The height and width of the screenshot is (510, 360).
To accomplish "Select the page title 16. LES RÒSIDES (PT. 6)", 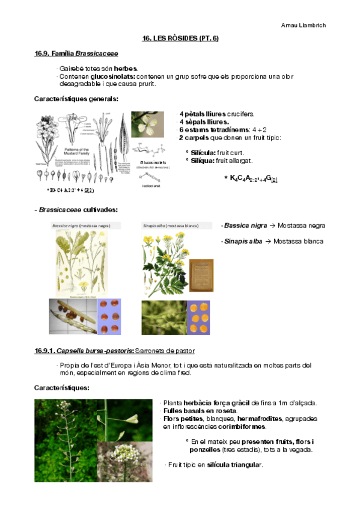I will click(x=180, y=38).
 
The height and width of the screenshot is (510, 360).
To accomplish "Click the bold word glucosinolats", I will click(x=113, y=77).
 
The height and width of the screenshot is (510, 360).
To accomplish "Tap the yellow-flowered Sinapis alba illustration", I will click(x=163, y=263).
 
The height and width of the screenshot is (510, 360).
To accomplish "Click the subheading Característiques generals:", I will click(x=76, y=99).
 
